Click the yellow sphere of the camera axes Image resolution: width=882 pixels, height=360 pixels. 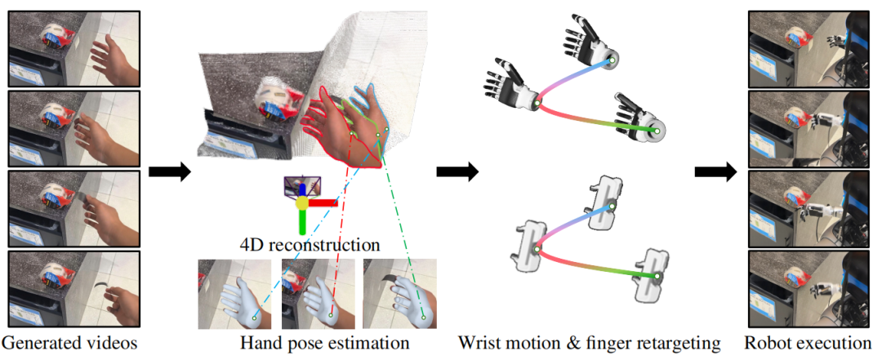pos(302,202)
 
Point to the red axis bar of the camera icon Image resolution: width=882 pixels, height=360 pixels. pos(323,202)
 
